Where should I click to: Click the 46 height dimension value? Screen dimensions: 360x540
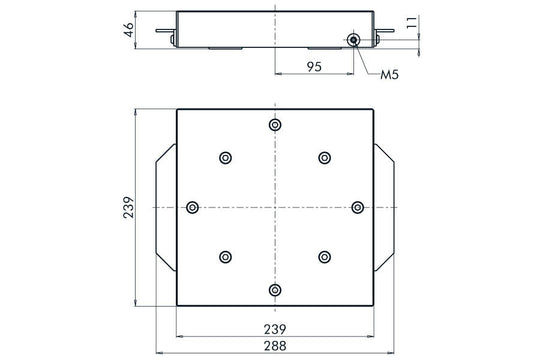pos(128,28)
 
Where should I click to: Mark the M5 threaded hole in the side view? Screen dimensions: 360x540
pos(354,39)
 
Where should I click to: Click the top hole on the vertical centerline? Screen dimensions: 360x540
pos(275,125)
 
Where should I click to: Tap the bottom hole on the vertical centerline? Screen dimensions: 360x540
pos(275,289)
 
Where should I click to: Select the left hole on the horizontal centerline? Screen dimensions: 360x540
pos(193,207)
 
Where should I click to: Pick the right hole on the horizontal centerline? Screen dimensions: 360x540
pos(357,207)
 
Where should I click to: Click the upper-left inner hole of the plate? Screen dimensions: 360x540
pos(225,157)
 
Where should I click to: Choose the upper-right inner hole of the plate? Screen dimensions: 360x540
pos(324,157)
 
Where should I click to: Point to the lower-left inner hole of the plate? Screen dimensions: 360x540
pos(225,257)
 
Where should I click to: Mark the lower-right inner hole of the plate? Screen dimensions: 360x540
pos(324,257)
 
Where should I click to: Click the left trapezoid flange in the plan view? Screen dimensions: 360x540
pos(164,207)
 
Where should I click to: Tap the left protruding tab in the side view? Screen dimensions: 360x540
pos(166,31)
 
